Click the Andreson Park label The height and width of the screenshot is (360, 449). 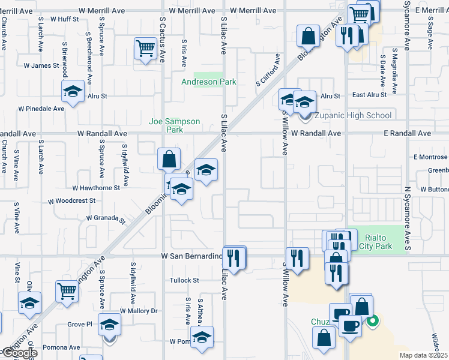(209, 82)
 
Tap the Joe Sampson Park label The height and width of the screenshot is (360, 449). (174, 125)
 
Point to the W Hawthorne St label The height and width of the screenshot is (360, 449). (96, 188)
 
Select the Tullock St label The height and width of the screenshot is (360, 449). (184, 280)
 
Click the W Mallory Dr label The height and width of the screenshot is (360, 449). (138, 311)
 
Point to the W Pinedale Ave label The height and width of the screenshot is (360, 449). (41, 109)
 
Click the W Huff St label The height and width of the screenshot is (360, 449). (64, 19)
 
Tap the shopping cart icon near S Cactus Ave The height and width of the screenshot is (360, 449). (146, 49)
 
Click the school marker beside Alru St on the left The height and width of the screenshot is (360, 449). (73, 92)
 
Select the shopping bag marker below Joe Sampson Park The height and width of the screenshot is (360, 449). (169, 160)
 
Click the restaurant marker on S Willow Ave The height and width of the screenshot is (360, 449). (297, 259)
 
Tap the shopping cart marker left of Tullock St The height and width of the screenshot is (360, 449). (67, 292)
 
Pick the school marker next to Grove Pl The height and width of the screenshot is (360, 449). (109, 325)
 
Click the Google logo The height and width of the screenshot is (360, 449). (19, 353)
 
